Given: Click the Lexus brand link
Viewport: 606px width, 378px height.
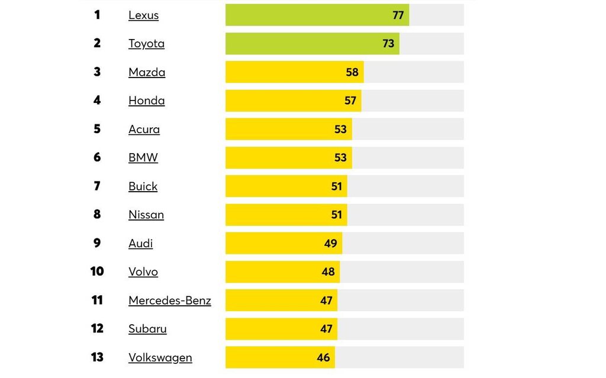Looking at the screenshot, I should [143, 15].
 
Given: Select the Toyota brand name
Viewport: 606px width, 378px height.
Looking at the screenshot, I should [146, 44].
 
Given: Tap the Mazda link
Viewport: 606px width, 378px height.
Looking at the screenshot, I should [147, 72].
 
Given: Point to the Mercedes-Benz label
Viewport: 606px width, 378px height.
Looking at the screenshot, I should [169, 301].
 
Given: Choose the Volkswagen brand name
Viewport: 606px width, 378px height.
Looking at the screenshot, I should [160, 357].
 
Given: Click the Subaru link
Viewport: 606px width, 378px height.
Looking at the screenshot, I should [147, 329].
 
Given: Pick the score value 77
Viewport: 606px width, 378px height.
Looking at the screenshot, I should [398, 15].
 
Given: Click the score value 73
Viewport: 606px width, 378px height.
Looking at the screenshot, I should [388, 44].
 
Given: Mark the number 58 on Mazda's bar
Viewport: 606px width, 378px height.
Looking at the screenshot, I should [352, 72].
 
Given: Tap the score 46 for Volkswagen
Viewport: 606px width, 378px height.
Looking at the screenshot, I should [323, 357].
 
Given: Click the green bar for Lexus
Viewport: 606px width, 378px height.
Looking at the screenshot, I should [308, 15].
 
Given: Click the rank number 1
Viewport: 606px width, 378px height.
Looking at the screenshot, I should [97, 15].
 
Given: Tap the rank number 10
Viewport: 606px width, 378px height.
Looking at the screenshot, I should [97, 272].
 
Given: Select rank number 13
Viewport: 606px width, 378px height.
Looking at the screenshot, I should [97, 357].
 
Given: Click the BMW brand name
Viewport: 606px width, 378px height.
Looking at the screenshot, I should [143, 158].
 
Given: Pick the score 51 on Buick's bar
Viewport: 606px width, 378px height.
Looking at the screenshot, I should [336, 186].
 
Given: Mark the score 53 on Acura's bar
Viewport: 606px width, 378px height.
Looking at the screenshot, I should [340, 129].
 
